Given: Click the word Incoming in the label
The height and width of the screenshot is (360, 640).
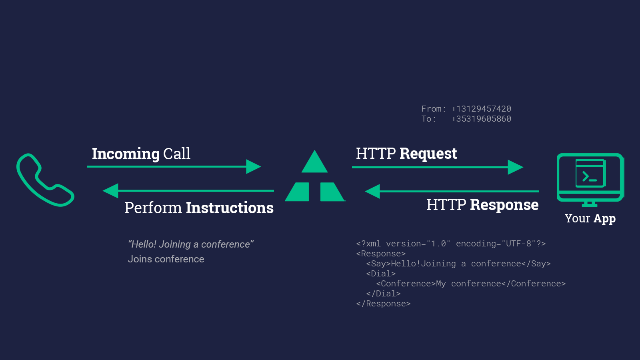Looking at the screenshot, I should click(126, 154).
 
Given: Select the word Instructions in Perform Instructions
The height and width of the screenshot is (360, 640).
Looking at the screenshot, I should click(230, 208).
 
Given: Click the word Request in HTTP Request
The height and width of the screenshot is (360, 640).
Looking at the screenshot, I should click(428, 154).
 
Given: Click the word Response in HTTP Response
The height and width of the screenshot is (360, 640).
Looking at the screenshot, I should click(504, 205).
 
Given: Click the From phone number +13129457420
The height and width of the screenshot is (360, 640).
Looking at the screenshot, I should click(481, 109).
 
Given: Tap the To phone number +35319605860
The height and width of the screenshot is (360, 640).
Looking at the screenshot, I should click(481, 119).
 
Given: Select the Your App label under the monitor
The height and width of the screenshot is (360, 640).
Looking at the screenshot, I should click(590, 218).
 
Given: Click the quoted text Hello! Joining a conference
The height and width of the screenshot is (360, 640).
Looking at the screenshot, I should click(191, 244).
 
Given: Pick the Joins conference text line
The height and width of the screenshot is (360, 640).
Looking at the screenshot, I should click(166, 259).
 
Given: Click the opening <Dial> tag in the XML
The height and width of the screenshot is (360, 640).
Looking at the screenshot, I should click(381, 274).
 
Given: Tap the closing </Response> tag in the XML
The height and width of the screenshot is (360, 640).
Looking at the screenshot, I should click(383, 304).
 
